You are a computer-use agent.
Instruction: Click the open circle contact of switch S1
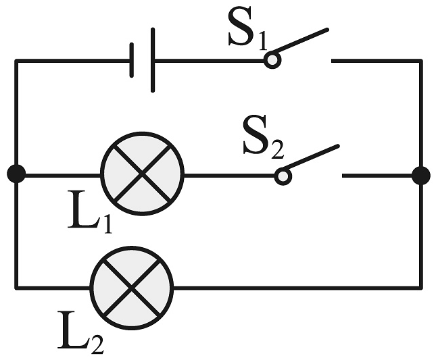coord(272,61)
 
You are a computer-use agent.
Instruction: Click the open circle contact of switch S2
coord(283,176)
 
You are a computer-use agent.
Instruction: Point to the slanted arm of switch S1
coord(301,43)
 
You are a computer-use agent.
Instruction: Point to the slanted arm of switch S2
coord(312,159)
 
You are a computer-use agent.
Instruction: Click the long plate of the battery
coord(153,60)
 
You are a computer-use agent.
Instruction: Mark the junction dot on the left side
coord(16,174)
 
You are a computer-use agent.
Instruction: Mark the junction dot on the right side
coord(420,176)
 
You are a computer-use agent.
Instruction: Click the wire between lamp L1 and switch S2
coord(230,176)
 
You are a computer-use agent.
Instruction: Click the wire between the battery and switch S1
coord(210,60)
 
